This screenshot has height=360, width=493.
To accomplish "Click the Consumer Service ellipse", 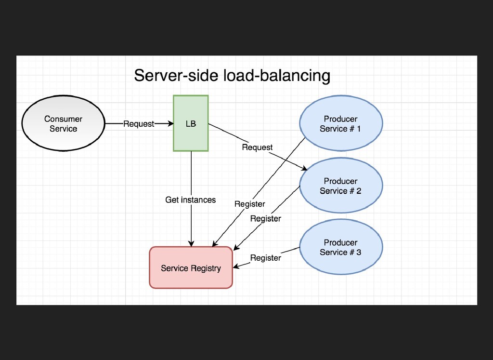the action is (x=63, y=123).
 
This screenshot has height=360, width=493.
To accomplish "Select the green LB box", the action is (x=191, y=123).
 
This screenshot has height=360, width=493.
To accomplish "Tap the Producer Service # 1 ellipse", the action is (x=341, y=123).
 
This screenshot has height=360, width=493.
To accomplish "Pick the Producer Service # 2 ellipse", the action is (x=341, y=186).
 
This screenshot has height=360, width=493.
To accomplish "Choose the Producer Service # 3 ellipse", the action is (x=341, y=247).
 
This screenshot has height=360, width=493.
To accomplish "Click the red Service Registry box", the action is (x=191, y=267).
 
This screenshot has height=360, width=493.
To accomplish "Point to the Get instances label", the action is (x=191, y=200).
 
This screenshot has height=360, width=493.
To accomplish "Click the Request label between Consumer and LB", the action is (x=139, y=124).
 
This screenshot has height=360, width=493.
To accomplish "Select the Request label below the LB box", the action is (x=257, y=147).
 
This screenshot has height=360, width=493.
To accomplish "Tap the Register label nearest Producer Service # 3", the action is (x=266, y=258).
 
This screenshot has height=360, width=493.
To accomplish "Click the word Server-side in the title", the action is (x=176, y=76).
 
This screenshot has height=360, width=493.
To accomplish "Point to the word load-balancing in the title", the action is (x=277, y=76).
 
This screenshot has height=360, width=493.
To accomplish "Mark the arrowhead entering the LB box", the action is (x=171, y=124).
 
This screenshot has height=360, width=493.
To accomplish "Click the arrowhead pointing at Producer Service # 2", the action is (x=304, y=169).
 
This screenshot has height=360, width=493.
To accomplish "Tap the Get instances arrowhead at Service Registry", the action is (x=191, y=243).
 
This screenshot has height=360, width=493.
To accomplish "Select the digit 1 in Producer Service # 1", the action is (x=358, y=129).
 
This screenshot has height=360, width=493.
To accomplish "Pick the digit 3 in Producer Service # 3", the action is (x=358, y=253).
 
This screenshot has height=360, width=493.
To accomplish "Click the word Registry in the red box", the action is (x=206, y=268).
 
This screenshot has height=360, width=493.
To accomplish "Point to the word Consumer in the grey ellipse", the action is (x=63, y=119).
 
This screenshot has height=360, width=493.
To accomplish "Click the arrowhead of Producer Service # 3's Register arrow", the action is (x=236, y=267).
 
